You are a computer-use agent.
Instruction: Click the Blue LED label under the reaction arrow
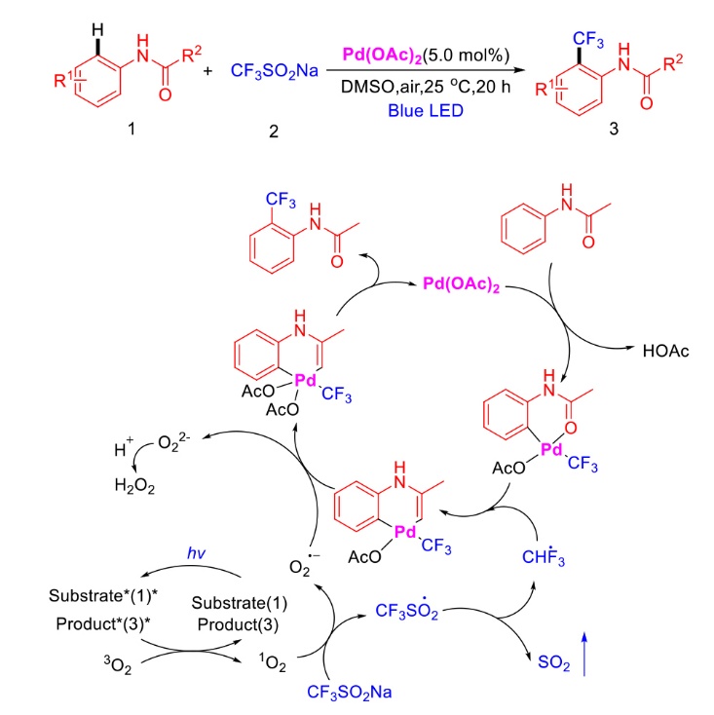426,110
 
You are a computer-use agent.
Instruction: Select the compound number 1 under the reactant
132,129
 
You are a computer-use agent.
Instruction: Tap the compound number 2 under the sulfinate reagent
274,132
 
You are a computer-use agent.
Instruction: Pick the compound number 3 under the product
614,129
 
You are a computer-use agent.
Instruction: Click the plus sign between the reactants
207,71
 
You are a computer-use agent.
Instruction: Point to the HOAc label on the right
665,351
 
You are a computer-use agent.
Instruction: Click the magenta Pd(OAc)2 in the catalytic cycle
462,284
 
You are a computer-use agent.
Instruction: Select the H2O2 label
134,486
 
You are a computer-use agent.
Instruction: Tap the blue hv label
196,552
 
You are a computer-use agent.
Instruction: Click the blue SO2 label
553,662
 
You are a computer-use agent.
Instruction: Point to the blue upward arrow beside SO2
584,654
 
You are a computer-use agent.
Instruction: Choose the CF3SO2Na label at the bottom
350,693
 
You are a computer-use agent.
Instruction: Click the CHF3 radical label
544,556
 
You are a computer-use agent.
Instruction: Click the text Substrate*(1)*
103,595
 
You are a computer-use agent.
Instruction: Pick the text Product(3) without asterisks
238,623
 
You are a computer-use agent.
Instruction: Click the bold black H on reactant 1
97,30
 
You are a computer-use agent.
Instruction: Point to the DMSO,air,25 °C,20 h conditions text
426,87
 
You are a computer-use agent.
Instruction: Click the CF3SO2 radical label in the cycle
407,610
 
